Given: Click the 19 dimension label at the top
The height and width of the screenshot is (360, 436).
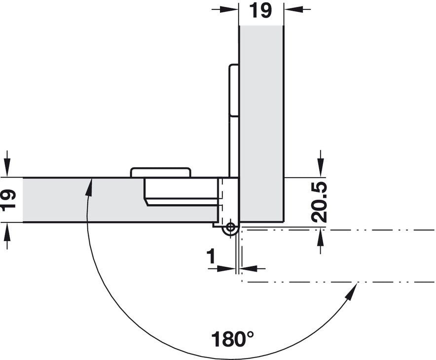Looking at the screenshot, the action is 260,11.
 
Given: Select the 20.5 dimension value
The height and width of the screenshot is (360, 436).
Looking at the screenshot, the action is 319,202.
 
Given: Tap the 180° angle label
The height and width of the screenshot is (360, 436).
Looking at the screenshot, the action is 232,338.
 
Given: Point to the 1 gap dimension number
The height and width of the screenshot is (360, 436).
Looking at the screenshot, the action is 211,256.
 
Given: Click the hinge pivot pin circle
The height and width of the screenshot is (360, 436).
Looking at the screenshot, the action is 230,228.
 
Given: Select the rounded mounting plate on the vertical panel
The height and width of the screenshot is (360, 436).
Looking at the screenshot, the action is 234,90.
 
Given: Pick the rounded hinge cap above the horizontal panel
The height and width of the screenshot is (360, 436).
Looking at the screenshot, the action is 160,172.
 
